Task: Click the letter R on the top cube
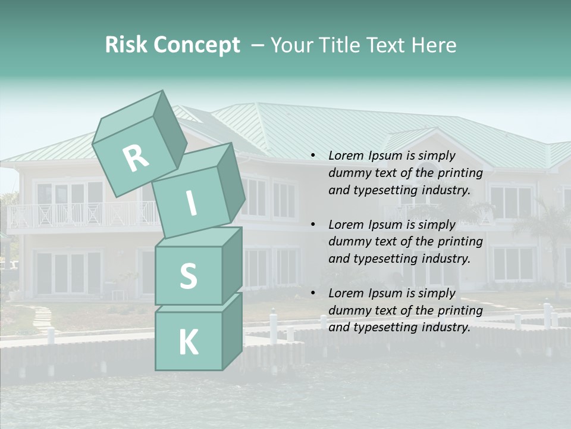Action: coord(136,158)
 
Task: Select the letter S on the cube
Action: coord(188,276)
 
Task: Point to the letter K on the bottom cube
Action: coord(188,343)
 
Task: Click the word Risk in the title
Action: coord(126,45)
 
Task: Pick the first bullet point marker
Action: coord(313,156)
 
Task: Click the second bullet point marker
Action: coord(313,225)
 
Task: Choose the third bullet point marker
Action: coord(313,293)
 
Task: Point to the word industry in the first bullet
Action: coord(448,191)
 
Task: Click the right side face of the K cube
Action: coord(232,331)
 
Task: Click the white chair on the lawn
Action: coord(118,294)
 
